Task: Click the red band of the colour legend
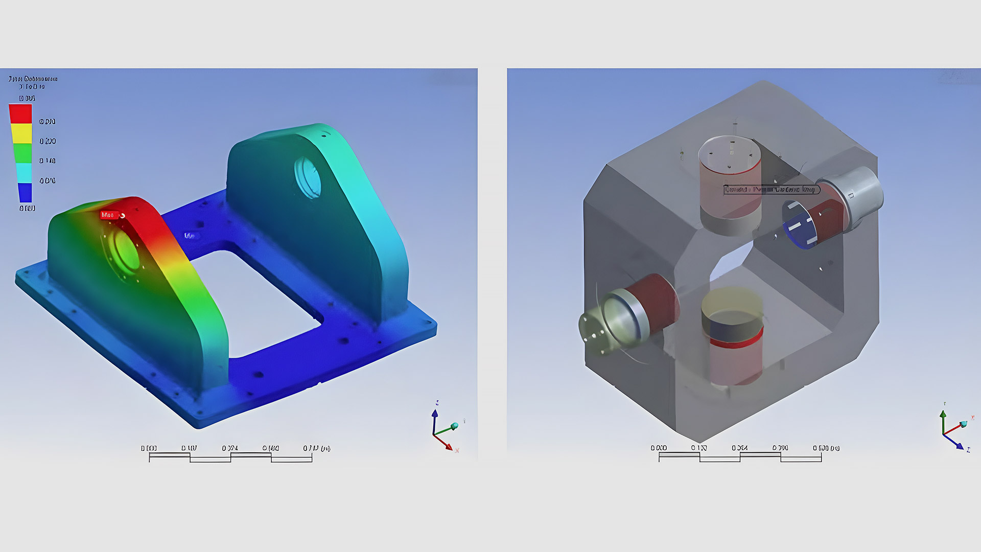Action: pos(20,113)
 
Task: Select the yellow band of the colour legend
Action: pos(21,133)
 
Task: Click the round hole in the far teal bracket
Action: pos(308,178)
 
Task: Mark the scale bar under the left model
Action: pos(230,457)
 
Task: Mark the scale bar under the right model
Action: pos(740,457)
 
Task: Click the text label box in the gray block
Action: pos(772,190)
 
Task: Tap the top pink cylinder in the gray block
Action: pos(730,184)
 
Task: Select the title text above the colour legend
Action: pos(33,82)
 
